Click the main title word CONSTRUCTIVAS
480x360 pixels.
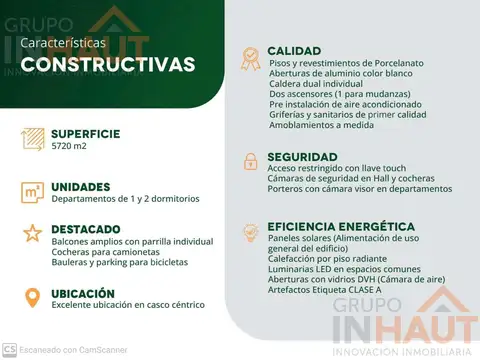point(108,65)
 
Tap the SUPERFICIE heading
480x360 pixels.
point(85,134)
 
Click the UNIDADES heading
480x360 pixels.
point(81,186)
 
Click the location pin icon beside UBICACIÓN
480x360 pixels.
point(32,297)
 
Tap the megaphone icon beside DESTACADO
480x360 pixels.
point(32,234)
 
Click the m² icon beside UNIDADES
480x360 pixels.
point(32,191)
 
